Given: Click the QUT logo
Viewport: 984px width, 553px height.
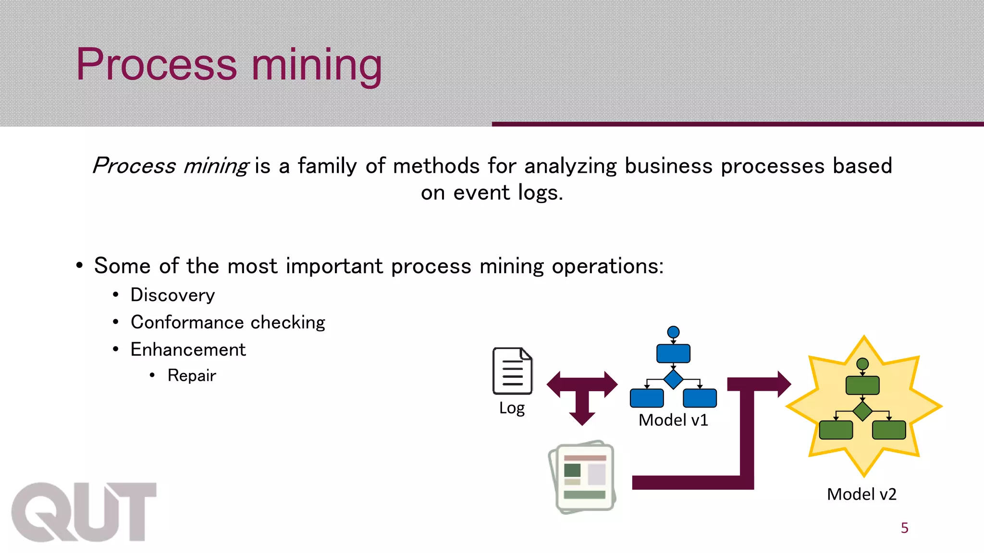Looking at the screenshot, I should click(84, 512).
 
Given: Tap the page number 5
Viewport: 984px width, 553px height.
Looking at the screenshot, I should click(904, 528).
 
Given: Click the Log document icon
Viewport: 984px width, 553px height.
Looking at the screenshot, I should click(512, 371).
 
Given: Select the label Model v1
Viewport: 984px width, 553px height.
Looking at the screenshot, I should click(673, 420).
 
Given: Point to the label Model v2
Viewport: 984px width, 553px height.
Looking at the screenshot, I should click(861, 494).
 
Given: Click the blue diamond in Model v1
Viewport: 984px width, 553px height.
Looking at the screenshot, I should click(673, 379).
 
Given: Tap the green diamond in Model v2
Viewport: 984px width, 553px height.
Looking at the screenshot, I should click(862, 411).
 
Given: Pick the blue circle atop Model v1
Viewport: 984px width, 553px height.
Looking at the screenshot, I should click(673, 332).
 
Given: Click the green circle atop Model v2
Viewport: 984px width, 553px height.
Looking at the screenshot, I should click(862, 364).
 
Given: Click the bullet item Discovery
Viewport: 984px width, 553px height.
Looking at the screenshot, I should click(172, 295).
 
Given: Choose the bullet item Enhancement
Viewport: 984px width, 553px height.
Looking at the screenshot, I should click(188, 349).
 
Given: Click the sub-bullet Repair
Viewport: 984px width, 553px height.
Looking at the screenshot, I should click(192, 375).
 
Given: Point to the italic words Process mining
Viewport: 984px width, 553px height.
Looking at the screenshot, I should click(171, 166).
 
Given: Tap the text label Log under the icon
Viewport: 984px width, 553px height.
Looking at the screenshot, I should click(512, 408).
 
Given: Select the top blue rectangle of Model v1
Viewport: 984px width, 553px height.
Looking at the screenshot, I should click(673, 353).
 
